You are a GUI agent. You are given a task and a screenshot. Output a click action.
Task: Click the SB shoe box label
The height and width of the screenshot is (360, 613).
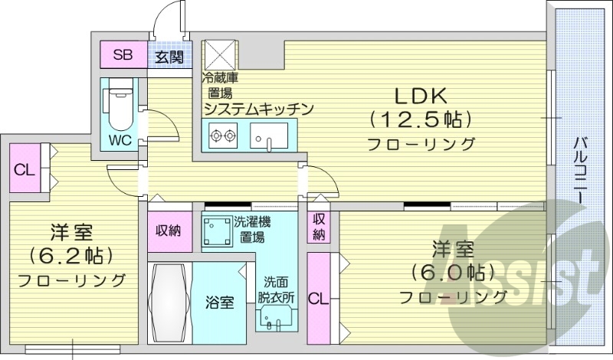123,54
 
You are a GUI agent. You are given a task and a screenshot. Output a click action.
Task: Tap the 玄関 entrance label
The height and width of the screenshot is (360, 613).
169,56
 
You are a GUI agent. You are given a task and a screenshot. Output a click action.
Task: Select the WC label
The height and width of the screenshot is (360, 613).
120,140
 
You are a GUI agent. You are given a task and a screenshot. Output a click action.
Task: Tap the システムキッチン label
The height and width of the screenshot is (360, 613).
258,110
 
